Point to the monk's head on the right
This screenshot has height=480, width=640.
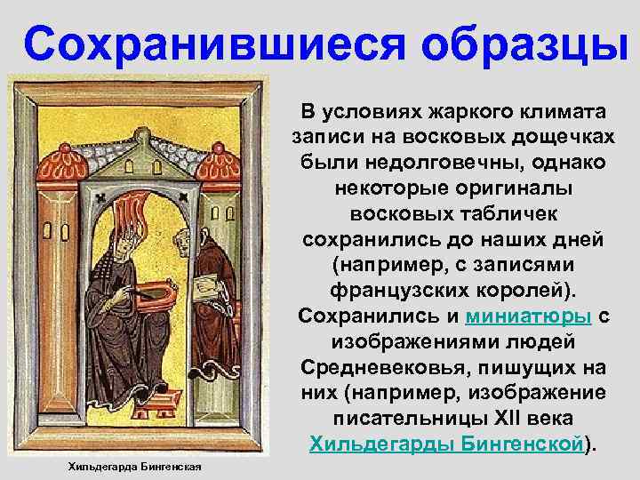[183, 239]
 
